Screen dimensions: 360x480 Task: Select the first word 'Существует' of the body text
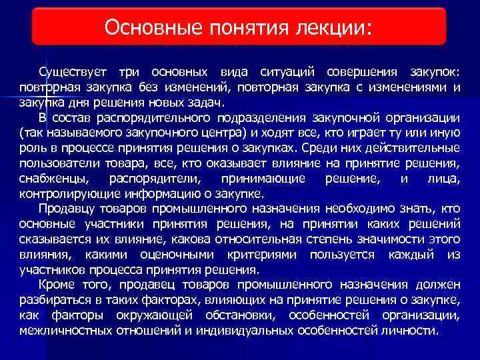(x=73, y=71)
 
